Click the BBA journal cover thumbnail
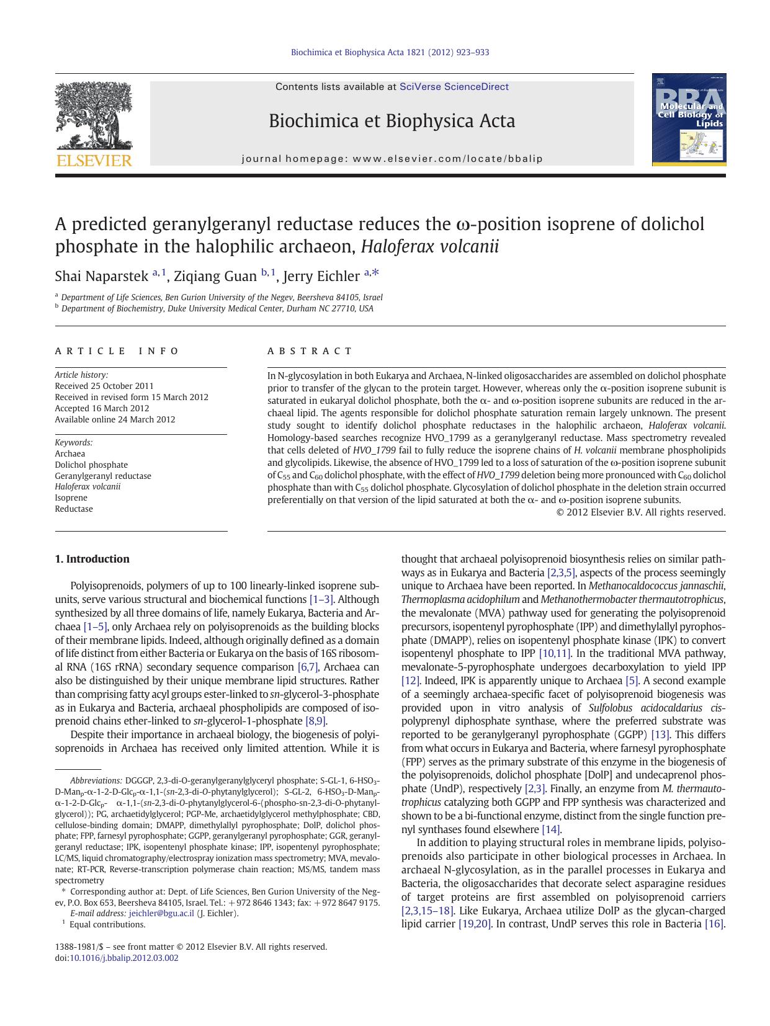coord(689,120)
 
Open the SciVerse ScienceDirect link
coord(454,87)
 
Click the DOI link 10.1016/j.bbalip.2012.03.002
coord(123,958)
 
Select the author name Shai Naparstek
coord(102,276)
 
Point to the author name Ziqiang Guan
coord(215,276)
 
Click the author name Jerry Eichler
coord(321,276)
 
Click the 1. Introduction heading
coord(92,559)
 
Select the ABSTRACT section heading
coord(310,351)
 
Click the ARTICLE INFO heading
coord(117,351)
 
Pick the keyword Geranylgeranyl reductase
coord(103,476)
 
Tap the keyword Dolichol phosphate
coord(91,465)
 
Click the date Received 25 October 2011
coord(104,386)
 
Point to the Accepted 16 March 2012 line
coord(102,408)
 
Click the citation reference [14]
coord(550,829)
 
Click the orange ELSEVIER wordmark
coord(94,161)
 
